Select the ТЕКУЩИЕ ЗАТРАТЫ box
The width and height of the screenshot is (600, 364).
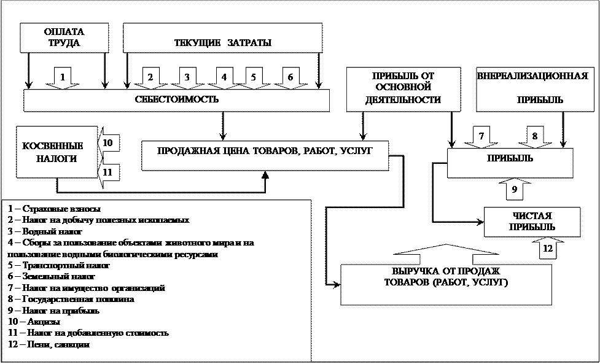tap(222, 38)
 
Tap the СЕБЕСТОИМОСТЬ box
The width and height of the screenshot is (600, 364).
tap(176, 100)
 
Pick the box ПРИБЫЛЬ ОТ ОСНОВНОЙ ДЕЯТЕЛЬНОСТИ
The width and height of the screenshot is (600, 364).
tap(403, 88)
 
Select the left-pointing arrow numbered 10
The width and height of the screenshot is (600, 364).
tap(107, 143)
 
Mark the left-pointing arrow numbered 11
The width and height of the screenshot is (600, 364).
tap(107, 172)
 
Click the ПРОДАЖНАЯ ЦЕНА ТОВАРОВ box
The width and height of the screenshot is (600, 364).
tap(265, 156)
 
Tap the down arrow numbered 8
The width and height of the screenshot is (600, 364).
tap(535, 137)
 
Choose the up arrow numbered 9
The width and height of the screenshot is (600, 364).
tap(515, 189)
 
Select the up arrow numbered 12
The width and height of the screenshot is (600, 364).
tap(548, 248)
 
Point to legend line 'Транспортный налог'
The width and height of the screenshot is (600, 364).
tap(59, 266)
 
